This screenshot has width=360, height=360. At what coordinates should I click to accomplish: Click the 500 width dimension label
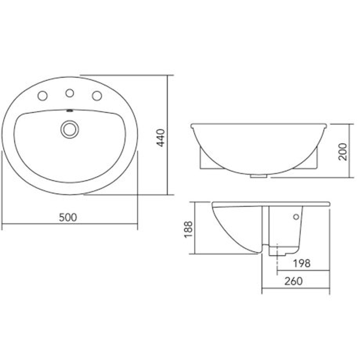click(x=68, y=217)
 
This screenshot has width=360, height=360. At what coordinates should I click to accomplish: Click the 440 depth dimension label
click(x=161, y=138)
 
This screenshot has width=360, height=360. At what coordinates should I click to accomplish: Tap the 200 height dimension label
click(x=343, y=151)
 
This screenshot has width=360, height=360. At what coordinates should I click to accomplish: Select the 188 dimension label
click(x=188, y=229)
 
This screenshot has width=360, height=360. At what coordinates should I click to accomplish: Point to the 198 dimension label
click(x=301, y=263)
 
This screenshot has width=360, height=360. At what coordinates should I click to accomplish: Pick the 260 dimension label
click(x=293, y=281)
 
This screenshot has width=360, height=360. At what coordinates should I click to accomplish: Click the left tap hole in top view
click(x=42, y=96)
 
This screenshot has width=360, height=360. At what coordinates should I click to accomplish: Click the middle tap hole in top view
click(x=69, y=93)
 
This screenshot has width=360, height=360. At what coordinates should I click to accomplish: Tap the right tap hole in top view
click(x=97, y=96)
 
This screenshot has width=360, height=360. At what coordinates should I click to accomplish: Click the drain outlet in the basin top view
click(x=69, y=129)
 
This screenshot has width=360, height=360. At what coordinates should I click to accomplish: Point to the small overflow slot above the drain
click(x=69, y=111)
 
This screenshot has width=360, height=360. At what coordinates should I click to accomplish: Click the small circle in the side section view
click(x=296, y=217)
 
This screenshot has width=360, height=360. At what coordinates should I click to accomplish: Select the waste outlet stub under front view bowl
click(x=258, y=176)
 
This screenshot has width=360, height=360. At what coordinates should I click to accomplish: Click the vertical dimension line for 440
click(x=167, y=135)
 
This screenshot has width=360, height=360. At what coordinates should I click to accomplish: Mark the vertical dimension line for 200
click(x=349, y=151)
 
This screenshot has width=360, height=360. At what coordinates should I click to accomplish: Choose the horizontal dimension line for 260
click(x=296, y=288)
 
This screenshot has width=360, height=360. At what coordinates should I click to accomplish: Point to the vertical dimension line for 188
click(x=194, y=228)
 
